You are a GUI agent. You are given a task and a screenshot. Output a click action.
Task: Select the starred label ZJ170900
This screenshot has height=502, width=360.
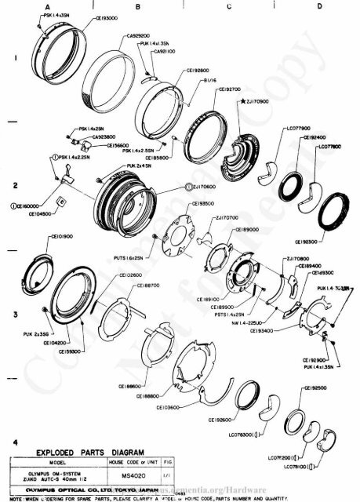coord(256,101)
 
